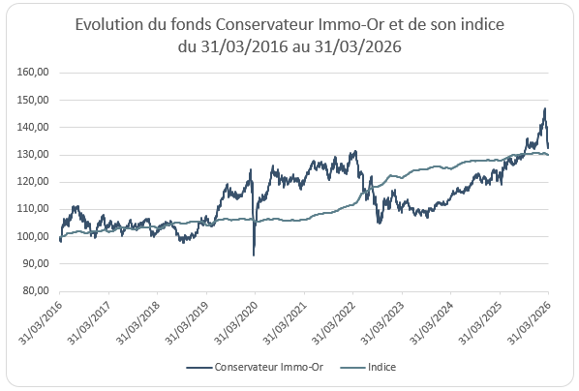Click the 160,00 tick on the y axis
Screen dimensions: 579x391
pos(33,72)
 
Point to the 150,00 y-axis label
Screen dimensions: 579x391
pos(33,100)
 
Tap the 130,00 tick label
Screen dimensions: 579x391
pos(33,154)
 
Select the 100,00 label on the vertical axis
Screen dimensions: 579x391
pos(33,236)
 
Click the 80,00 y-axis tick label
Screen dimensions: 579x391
pos(36,291)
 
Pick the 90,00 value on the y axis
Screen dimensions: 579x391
pos(36,263)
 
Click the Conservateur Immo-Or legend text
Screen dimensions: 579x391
pos(269,367)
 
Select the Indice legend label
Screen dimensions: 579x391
pos(381,367)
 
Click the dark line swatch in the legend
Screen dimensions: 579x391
pos(199,368)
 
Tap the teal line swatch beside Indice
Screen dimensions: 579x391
pos(352,368)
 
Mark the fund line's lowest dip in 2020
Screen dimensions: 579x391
pos(254,256)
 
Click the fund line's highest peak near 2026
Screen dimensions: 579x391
pos(545,108)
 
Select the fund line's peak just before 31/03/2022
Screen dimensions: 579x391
pos(355,151)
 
